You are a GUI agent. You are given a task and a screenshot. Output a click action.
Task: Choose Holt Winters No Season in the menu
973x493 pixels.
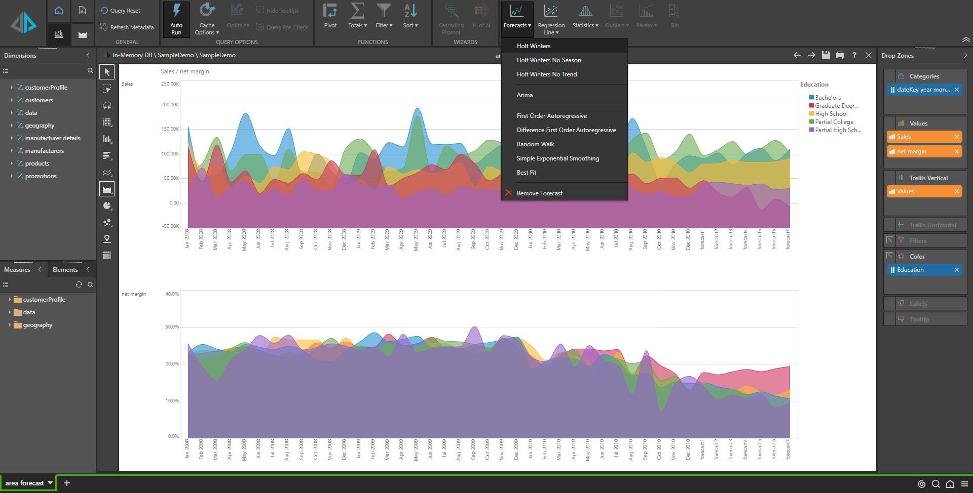click(x=548, y=60)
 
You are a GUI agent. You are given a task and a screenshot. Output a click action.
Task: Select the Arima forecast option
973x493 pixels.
click(x=525, y=95)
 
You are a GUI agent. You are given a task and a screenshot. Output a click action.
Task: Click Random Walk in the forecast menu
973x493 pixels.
click(x=535, y=144)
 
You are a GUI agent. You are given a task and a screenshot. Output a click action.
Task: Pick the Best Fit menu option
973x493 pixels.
click(x=526, y=173)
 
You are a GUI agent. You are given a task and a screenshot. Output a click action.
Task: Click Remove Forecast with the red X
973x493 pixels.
click(x=539, y=193)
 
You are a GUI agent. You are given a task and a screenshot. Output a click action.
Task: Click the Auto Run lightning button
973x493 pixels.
click(x=176, y=19)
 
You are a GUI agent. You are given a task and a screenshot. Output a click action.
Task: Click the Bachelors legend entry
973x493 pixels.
click(x=827, y=98)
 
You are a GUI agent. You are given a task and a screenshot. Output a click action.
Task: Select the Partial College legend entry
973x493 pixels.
click(x=834, y=122)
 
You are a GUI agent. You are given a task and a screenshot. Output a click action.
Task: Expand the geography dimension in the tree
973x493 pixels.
click(x=12, y=126)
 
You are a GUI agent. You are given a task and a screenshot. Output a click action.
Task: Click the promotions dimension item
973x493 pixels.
click(x=41, y=176)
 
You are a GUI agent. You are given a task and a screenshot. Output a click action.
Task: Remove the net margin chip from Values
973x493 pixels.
click(x=956, y=151)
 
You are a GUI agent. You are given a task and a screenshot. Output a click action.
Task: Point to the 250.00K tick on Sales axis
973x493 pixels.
click(x=170, y=84)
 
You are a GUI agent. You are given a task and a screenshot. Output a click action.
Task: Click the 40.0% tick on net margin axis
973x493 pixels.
click(x=172, y=294)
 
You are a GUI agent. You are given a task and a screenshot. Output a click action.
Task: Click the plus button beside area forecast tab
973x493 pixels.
click(x=66, y=483)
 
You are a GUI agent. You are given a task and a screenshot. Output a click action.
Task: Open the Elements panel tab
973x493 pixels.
click(x=65, y=270)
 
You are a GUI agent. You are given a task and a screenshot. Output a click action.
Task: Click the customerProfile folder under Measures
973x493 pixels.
click(x=44, y=300)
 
